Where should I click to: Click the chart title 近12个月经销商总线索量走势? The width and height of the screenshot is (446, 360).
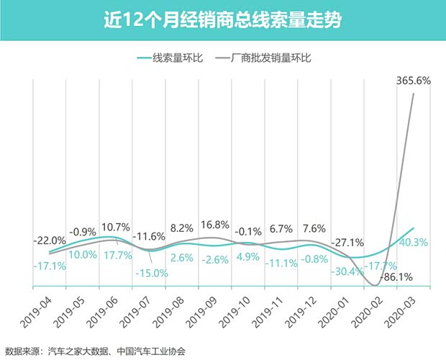pyautogui.click(x=222, y=19)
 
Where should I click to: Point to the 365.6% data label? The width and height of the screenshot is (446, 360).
pyautogui.click(x=413, y=81)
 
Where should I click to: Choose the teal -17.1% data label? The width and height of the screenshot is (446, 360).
pyautogui.click(x=49, y=266)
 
